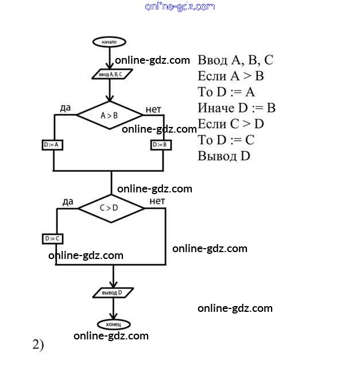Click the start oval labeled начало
(109, 42)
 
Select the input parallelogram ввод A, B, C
(111, 74)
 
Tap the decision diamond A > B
(109, 115)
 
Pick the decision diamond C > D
(111, 208)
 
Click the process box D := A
(53, 145)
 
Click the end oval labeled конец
(113, 324)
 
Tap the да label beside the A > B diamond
(65, 108)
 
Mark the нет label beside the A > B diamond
(153, 109)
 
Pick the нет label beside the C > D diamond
(157, 200)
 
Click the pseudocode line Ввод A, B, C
(235, 60)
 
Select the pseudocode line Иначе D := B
(237, 108)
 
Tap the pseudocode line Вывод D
(224, 156)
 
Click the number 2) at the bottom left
(38, 345)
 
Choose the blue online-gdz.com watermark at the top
(180, 6)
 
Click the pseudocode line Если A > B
(230, 76)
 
